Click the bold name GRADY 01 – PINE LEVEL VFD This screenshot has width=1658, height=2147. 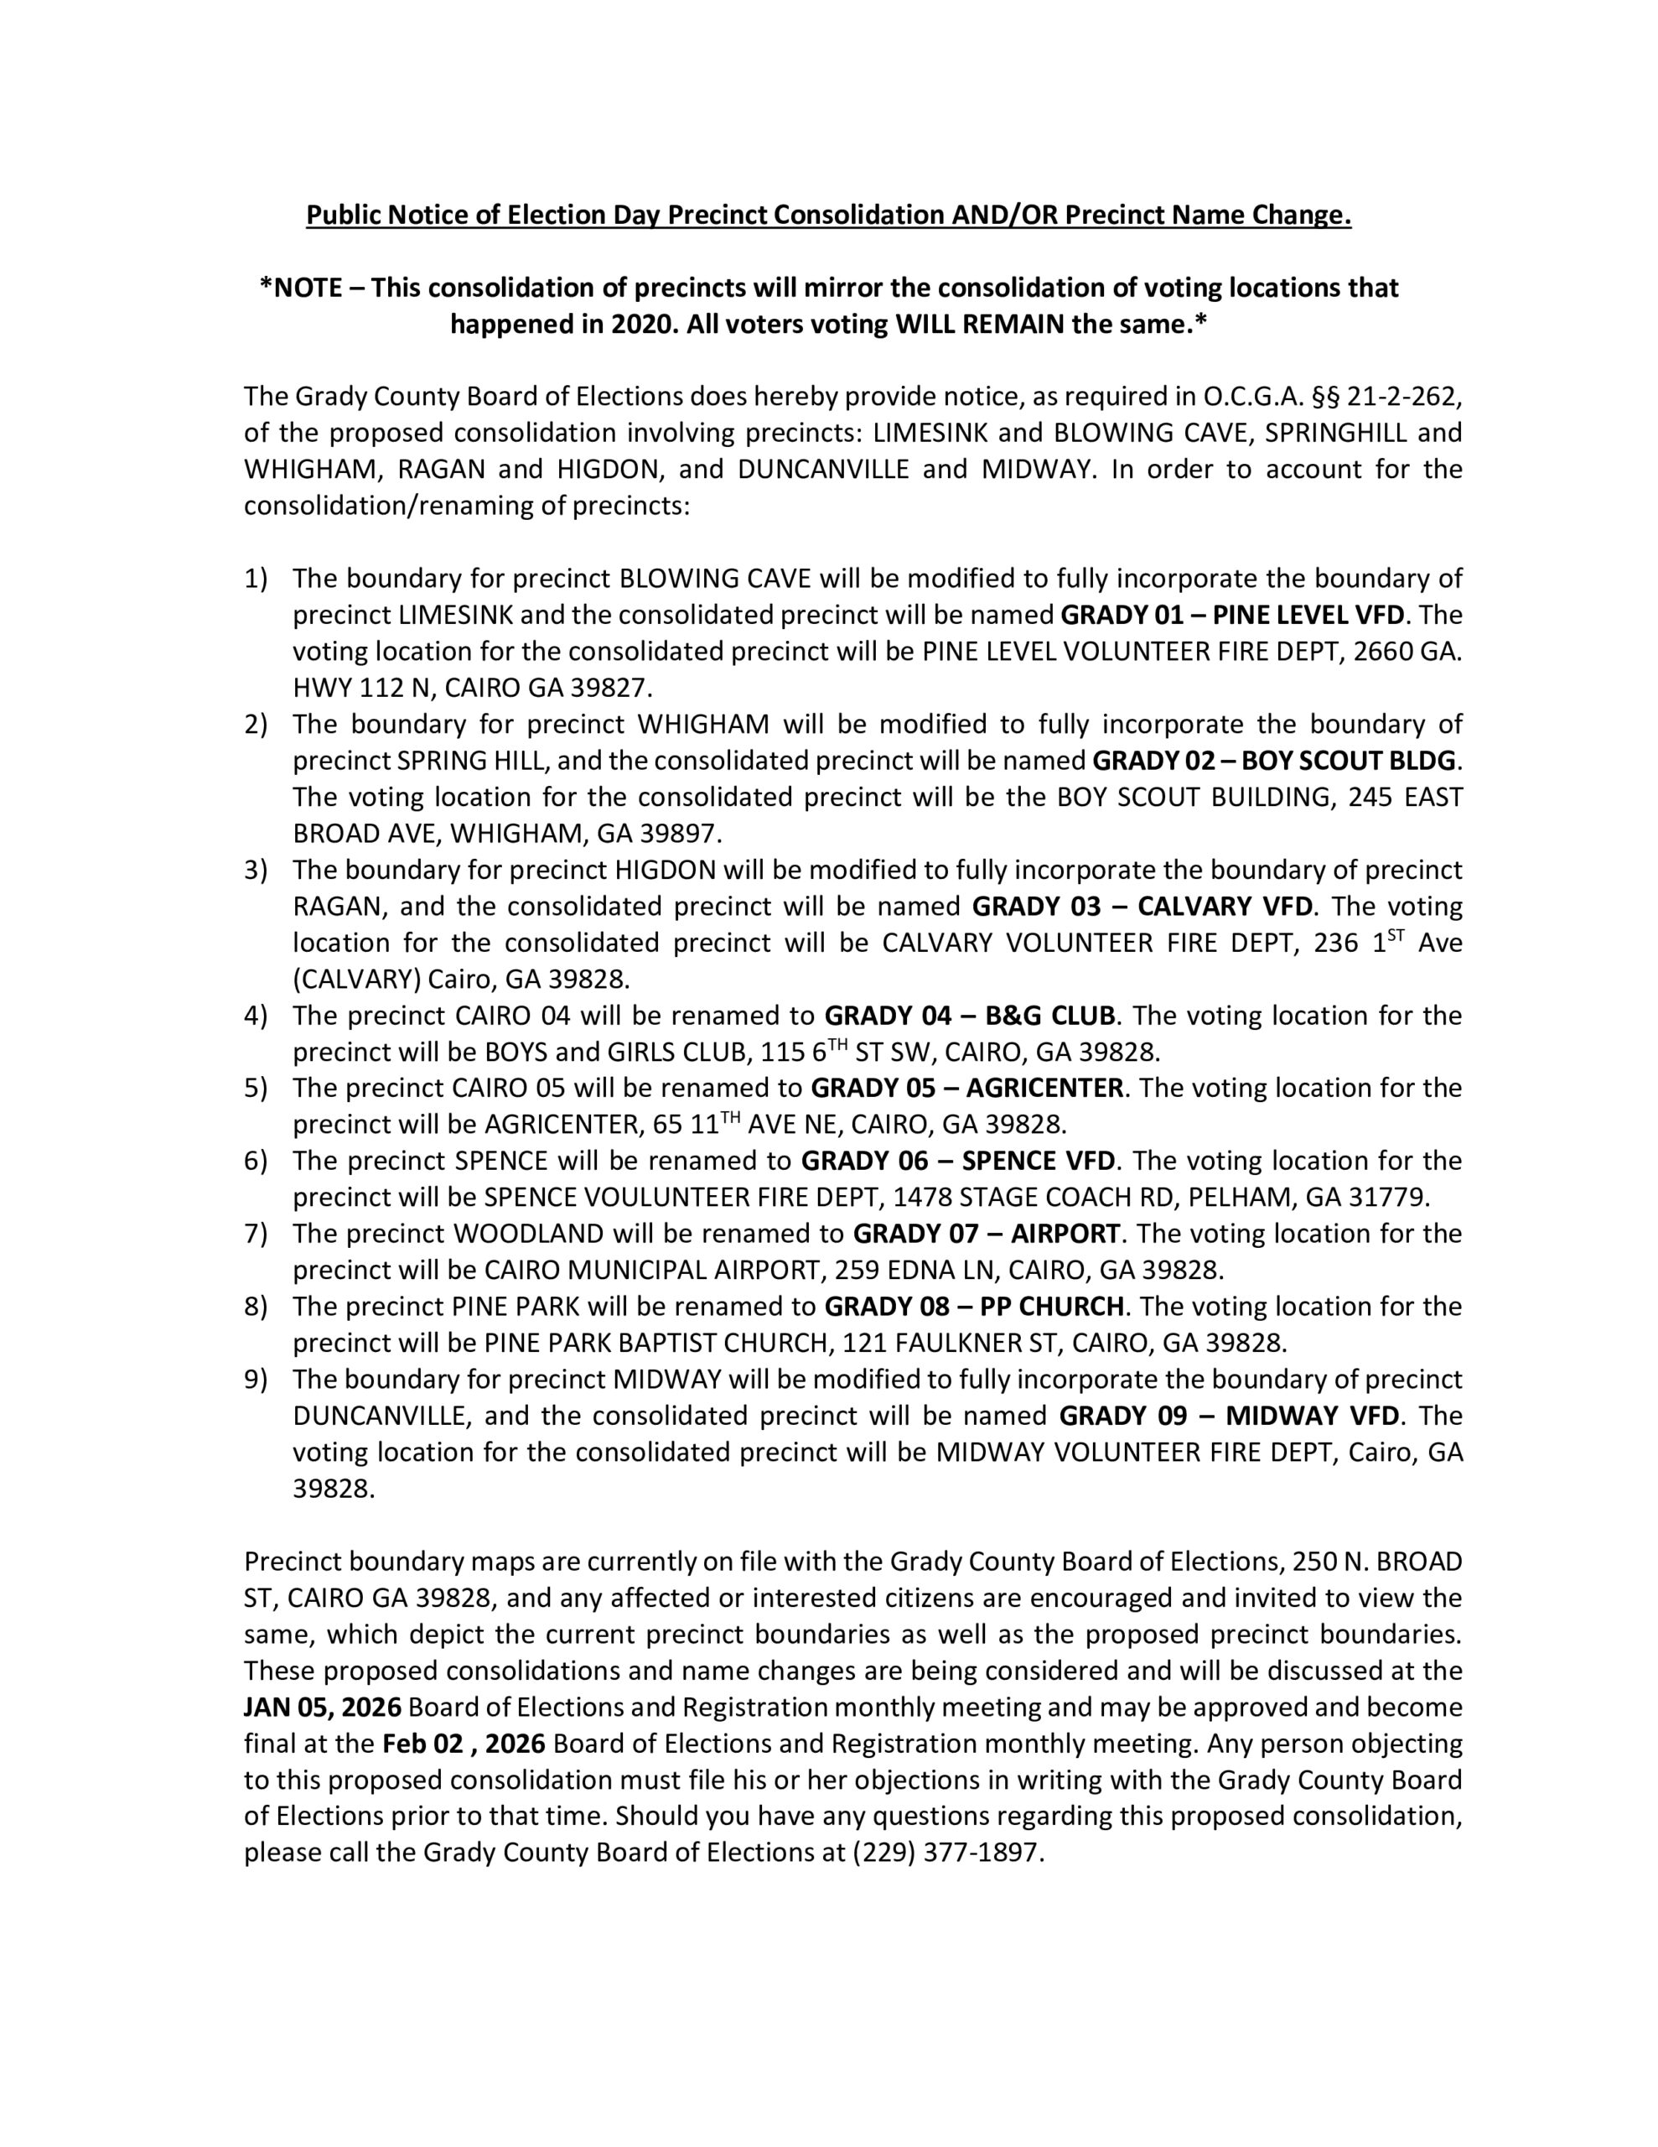tap(1233, 616)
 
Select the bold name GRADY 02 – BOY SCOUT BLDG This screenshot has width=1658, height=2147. tap(1276, 761)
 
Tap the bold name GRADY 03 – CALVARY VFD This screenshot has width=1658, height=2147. tap(1142, 907)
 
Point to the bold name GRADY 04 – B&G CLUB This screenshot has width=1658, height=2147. tap(969, 1016)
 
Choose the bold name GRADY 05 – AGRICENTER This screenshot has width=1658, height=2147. tap(966, 1089)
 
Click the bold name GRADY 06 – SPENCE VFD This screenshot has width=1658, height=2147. tap(957, 1161)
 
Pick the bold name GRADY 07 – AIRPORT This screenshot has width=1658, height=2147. tap(986, 1234)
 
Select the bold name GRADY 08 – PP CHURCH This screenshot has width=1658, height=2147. tap(973, 1307)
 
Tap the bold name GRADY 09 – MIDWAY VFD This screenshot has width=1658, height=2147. tap(1229, 1416)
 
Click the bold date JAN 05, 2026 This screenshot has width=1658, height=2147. tap(323, 1708)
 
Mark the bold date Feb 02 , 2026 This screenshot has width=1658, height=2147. tap(463, 1744)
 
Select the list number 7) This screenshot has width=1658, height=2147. tap(256, 1234)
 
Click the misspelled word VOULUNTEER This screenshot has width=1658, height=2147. tap(668, 1198)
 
